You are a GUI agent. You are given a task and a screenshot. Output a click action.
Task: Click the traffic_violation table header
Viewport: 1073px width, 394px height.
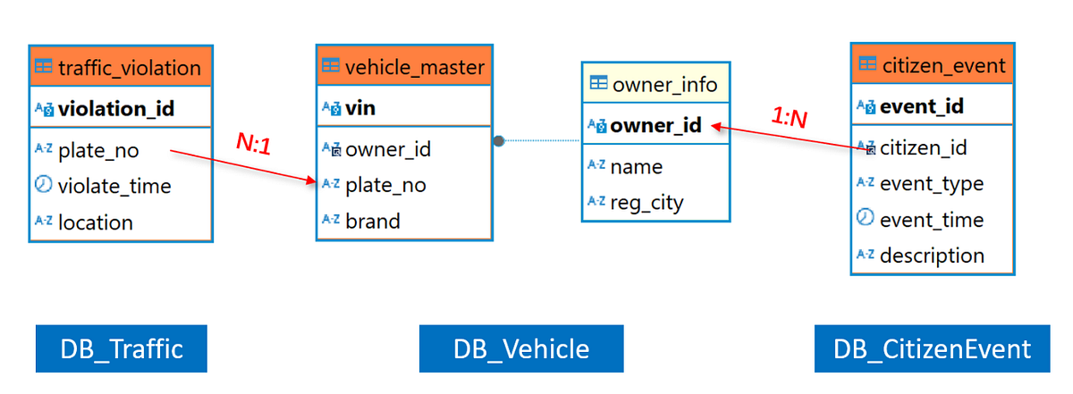[120, 67]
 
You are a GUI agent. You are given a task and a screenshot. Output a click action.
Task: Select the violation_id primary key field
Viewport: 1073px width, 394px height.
[115, 109]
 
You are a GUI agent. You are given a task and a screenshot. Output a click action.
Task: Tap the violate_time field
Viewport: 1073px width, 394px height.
[114, 187]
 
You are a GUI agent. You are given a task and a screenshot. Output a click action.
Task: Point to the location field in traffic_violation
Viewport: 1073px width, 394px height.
[95, 222]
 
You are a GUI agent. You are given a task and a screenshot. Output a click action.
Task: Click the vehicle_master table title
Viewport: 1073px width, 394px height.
[404, 67]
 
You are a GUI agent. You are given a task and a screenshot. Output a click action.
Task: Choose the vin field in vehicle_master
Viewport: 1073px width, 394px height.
[360, 108]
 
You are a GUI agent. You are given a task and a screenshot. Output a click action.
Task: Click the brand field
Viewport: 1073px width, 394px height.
[372, 222]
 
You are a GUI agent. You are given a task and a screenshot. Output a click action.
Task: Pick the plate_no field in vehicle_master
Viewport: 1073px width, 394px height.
[385, 185]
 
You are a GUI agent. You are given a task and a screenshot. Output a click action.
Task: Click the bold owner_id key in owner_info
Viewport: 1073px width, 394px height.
[655, 125]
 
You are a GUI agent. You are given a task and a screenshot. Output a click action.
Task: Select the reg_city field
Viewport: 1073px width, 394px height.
[646, 202]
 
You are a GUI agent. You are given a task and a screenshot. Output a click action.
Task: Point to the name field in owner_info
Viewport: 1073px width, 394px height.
[636, 166]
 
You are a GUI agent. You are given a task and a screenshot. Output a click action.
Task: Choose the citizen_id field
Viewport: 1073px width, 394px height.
[924, 147]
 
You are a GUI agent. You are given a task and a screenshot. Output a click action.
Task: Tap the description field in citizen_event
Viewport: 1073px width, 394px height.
[932, 256]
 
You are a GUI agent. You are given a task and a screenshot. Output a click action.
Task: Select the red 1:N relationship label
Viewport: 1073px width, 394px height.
[790, 118]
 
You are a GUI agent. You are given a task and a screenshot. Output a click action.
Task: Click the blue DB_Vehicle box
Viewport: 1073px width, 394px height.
[521, 348]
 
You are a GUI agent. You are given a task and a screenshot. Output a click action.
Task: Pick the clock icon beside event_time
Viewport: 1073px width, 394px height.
[865, 219]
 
